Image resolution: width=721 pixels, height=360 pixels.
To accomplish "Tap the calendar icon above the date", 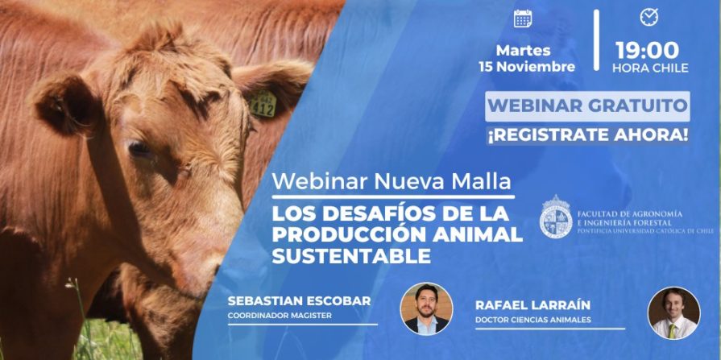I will [522, 18].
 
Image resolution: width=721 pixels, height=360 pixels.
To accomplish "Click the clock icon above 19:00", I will [649, 17].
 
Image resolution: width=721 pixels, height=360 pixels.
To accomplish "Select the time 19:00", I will [649, 49].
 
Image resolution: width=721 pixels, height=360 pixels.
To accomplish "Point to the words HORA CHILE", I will [650, 68].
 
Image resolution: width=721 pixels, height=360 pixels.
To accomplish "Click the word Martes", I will [524, 50].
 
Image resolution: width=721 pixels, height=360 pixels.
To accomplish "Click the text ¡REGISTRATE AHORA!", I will [587, 134].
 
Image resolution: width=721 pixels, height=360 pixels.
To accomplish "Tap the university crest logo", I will [555, 218].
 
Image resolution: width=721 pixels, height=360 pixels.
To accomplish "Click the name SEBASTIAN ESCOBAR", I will [300, 300].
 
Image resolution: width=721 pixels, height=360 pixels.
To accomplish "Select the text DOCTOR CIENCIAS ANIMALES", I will [533, 321].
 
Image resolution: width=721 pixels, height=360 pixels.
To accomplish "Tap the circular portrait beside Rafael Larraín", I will [673, 312].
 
